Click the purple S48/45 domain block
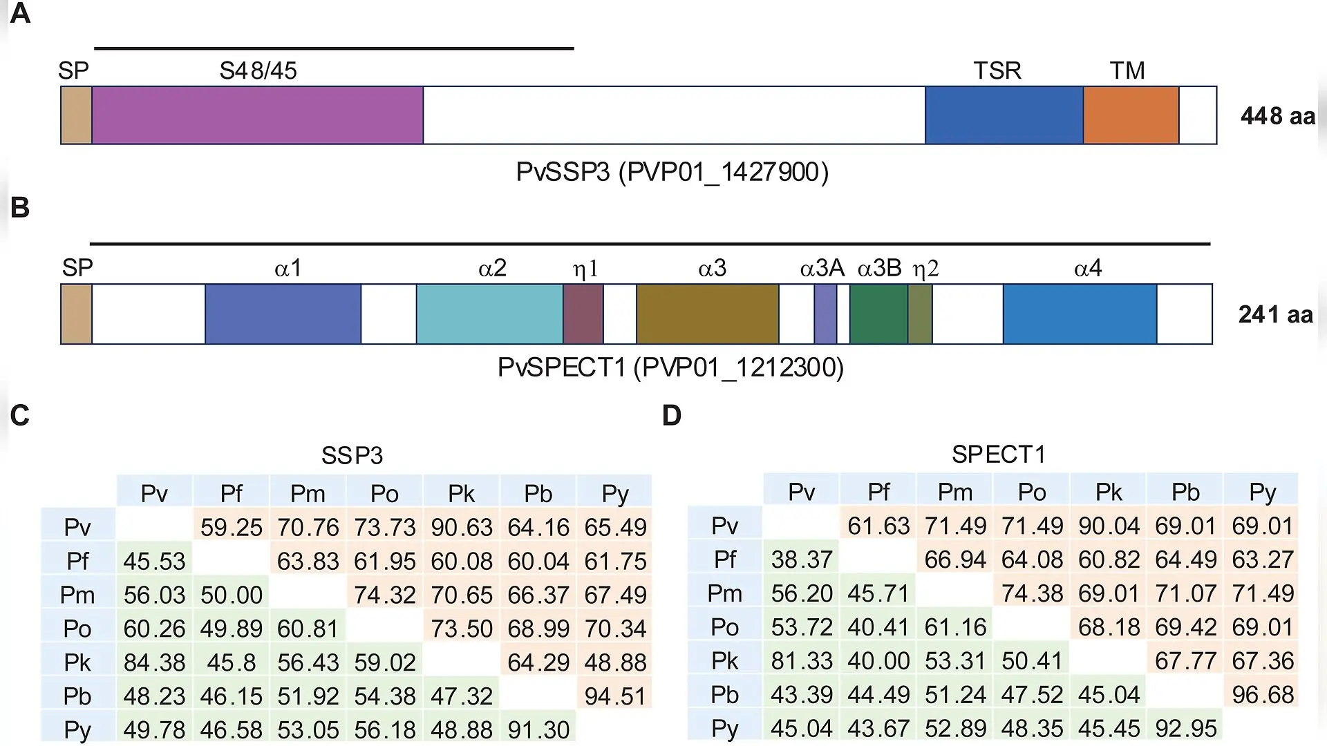point(257,115)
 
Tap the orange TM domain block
point(1131,115)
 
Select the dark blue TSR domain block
point(1004,115)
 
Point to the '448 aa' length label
point(1277,116)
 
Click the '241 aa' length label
point(1275,314)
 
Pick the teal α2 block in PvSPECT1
point(489,314)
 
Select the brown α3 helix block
point(708,314)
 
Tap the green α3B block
point(878,314)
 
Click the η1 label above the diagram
point(585,268)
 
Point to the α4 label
point(1088,268)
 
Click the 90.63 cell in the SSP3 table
point(462,527)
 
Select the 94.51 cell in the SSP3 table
point(615,696)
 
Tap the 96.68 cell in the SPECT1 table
point(1262,694)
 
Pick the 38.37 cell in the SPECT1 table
point(801,559)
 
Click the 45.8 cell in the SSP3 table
point(231,662)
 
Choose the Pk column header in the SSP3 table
point(461,494)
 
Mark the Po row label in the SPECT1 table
point(724,627)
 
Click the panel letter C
point(20,415)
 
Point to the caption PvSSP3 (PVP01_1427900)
point(672,171)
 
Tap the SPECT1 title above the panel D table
point(998,455)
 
